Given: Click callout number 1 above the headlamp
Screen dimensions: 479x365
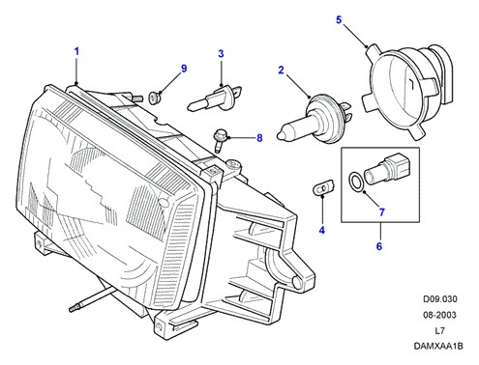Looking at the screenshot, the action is (76, 51).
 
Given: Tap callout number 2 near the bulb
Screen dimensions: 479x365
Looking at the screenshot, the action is (281, 70).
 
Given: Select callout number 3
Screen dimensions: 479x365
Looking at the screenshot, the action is (221, 54).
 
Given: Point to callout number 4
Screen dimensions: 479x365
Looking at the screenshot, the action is (322, 230).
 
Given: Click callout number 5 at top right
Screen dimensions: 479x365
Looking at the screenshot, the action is (339, 20).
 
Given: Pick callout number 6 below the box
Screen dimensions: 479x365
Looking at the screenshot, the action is (379, 246).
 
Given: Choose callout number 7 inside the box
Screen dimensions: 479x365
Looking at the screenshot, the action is (382, 212).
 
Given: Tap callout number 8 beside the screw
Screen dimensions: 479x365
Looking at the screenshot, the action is (259, 138).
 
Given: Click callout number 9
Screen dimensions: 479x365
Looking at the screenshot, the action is (184, 69).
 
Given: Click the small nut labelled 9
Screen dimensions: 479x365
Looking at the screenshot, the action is (154, 98).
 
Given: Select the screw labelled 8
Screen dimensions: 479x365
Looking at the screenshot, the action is (221, 140).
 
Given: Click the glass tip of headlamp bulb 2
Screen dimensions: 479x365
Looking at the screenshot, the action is (280, 135).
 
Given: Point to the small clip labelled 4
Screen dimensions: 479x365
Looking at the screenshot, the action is (324, 188).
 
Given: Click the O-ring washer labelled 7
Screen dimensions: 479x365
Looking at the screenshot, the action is (356, 182).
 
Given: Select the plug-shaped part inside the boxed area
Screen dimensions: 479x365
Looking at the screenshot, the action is (383, 170).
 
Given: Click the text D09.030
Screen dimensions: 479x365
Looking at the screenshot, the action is (440, 299).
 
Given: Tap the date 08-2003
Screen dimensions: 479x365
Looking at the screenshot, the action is (439, 315).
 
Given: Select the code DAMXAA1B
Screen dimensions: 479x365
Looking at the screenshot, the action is (438, 347).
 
